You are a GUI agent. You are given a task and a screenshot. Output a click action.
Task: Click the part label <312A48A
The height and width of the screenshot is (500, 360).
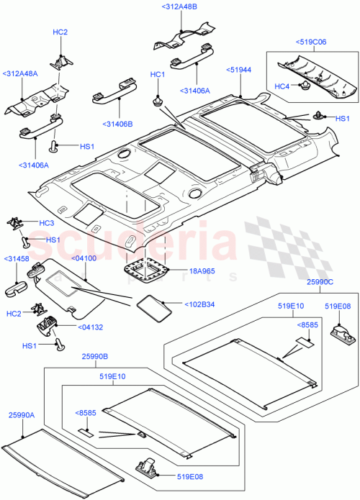click(x=21, y=73)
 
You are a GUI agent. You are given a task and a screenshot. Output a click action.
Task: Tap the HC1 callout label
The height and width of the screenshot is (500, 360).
click(x=157, y=75)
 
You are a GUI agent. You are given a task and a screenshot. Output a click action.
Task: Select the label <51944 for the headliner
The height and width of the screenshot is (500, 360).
click(x=239, y=70)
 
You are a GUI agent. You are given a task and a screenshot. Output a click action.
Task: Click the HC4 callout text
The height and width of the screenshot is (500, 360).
click(x=282, y=86)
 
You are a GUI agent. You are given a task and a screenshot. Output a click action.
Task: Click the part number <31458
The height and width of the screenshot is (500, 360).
click(x=16, y=258)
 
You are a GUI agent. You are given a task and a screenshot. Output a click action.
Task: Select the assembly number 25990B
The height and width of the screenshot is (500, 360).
click(x=94, y=356)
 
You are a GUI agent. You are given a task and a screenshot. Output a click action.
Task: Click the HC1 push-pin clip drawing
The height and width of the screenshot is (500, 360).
click(x=156, y=99)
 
